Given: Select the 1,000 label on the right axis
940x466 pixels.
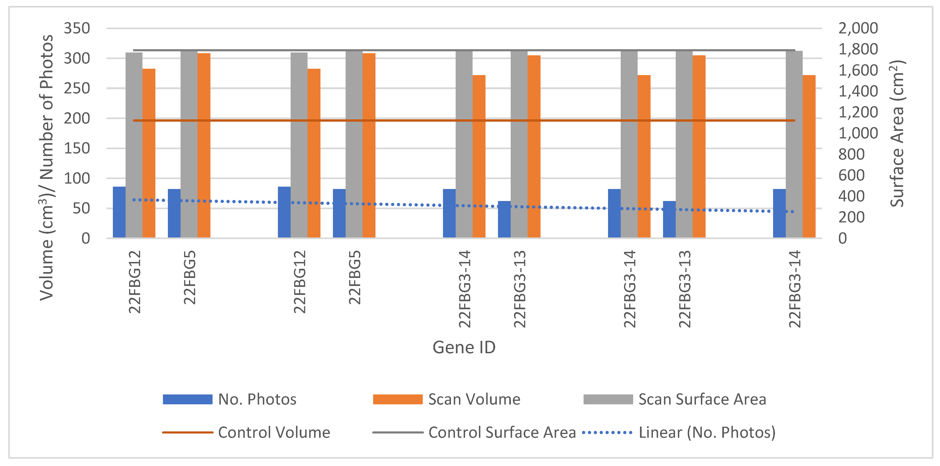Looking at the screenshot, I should [857, 133].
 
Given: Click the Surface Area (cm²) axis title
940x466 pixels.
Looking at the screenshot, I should [897, 133].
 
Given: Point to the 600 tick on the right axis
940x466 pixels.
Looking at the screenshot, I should [851, 175].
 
